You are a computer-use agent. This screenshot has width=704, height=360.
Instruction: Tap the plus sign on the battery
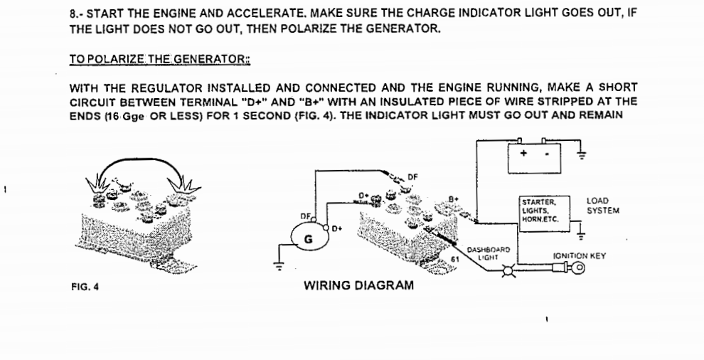coord(523,154)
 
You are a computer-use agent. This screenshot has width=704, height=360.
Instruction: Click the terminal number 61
coord(455,261)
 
